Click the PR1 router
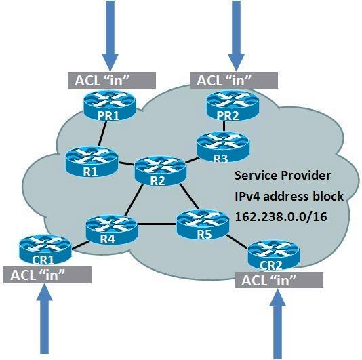pos(109,106)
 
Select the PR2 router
pos(233,106)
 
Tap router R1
pos(92,162)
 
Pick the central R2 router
pos(160,171)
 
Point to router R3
pos(223,147)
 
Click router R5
pos(203,224)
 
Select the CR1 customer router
pos(45,250)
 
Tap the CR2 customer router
pos(274,255)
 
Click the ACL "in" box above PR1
pos(112,80)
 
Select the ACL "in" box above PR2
pos(234,80)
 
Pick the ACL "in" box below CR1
pos(47,275)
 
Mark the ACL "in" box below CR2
pos(279,280)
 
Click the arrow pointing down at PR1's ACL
pos(110,36)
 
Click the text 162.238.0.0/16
pos(281,217)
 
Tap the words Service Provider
pos(283,176)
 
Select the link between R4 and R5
pos(157,224)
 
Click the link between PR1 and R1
pos(102,134)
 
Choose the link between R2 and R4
pos(134,200)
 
